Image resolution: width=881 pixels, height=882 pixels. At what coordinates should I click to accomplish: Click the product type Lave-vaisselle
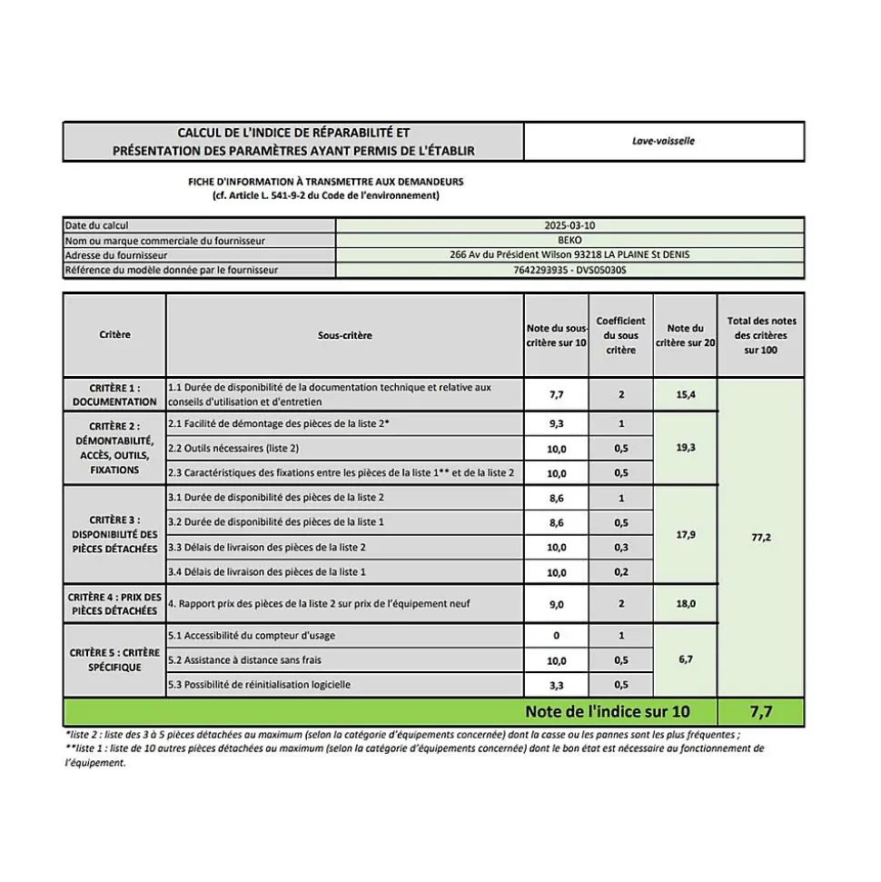(x=663, y=141)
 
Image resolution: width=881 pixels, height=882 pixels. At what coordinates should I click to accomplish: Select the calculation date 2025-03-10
(x=569, y=224)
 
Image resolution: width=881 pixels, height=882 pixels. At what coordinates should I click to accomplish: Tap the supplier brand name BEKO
(x=569, y=240)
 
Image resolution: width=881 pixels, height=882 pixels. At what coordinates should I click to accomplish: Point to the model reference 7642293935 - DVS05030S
(x=569, y=270)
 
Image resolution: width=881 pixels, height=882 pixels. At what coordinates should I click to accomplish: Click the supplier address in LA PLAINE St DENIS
(x=569, y=254)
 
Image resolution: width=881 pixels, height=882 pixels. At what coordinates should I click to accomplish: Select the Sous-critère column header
(x=344, y=335)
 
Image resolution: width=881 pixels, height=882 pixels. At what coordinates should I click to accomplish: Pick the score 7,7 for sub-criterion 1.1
(x=557, y=395)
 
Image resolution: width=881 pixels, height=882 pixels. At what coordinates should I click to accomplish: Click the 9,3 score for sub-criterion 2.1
(x=557, y=424)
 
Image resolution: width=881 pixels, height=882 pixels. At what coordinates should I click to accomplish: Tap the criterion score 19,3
(x=686, y=448)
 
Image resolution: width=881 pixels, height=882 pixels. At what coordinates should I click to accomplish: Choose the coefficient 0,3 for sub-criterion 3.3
(x=621, y=547)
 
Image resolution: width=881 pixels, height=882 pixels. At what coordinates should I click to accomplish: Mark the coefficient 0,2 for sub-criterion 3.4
(x=621, y=572)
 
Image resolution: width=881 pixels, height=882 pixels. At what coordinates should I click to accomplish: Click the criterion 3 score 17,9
(x=686, y=535)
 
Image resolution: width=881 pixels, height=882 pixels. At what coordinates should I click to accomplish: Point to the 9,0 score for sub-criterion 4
(x=557, y=604)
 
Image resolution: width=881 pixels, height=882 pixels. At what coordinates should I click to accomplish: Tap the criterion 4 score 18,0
(x=686, y=604)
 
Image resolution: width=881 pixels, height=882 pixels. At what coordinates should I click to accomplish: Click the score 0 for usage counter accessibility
(x=557, y=636)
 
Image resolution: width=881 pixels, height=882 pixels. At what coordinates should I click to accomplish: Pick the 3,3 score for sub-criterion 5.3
(x=557, y=685)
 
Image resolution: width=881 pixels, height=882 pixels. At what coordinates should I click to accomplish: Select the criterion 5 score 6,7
(x=686, y=659)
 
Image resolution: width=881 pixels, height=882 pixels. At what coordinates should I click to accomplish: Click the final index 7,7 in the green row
(x=761, y=711)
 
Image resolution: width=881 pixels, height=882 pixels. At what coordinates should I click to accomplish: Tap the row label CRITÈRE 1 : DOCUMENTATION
(x=114, y=394)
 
